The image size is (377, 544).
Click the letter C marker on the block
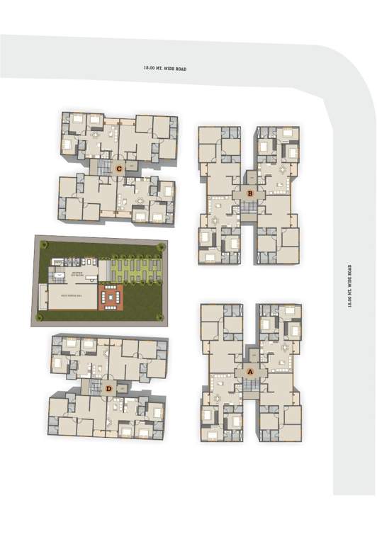tap(120, 169)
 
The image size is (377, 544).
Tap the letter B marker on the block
tap(249, 193)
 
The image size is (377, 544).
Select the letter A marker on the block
tap(249, 370)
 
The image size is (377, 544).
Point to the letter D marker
tap(108, 388)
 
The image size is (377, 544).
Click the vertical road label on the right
tap(349, 286)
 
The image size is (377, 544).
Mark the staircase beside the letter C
tap(104, 168)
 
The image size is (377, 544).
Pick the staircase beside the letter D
tap(94, 388)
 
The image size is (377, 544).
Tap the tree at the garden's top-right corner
tap(162, 246)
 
